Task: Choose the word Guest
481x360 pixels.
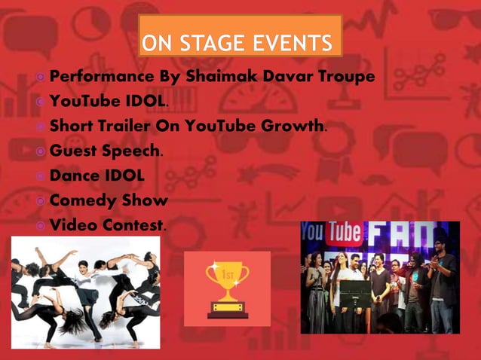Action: click(72, 151)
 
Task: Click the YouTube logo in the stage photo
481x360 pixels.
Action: click(332, 232)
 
